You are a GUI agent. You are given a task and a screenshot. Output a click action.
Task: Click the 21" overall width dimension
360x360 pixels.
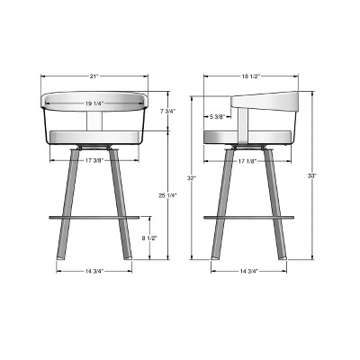click(94, 76)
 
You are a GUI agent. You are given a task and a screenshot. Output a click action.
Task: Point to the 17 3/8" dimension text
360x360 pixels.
click(94, 160)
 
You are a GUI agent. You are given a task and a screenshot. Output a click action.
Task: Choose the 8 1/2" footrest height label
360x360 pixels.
click(152, 238)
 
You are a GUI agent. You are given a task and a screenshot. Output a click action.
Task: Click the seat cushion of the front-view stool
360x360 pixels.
click(94, 137)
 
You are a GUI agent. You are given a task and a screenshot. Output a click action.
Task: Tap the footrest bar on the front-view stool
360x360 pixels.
click(94, 216)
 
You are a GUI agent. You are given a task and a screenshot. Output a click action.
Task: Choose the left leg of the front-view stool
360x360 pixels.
click(66, 207)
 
